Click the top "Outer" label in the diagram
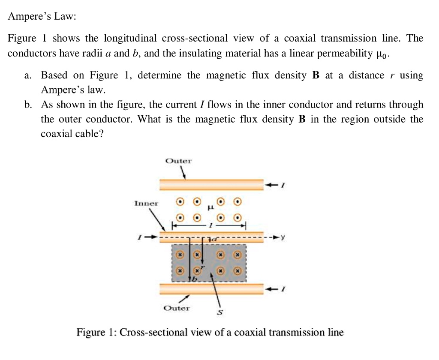pyautogui.click(x=178, y=161)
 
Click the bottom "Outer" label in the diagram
pyautogui.click(x=176, y=308)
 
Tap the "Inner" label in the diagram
pyautogui.click(x=146, y=203)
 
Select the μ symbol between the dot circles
pyautogui.click(x=210, y=208)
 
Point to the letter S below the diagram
pyautogui.click(x=220, y=313)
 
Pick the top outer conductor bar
pyautogui.click(x=211, y=185)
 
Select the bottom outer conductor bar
pyautogui.click(x=211, y=289)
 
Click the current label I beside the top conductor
pyautogui.click(x=282, y=185)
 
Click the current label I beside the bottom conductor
pyautogui.click(x=282, y=289)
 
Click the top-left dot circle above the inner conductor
pyautogui.click(x=181, y=201)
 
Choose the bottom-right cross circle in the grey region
pyautogui.click(x=237, y=271)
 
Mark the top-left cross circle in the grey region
pyautogui.click(x=181, y=255)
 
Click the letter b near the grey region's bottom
pyautogui.click(x=193, y=279)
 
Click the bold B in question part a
pyautogui.click(x=316, y=76)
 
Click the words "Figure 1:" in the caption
pyautogui.click(x=96, y=333)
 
